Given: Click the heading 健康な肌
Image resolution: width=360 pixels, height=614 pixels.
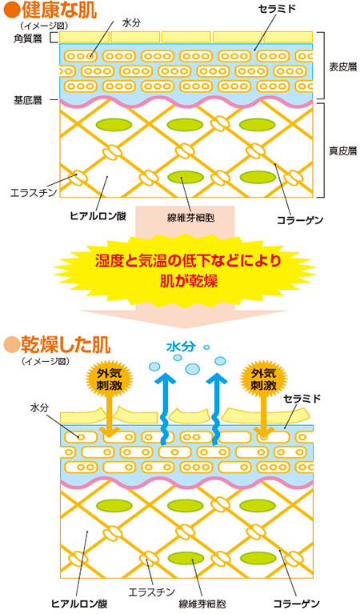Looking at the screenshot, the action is (x=59, y=10).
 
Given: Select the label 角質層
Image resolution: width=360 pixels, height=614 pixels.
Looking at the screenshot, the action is (x=27, y=38).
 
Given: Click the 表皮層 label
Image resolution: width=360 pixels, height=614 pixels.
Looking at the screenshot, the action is (x=342, y=67).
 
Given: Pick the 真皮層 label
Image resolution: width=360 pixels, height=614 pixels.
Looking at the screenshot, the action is (x=342, y=150).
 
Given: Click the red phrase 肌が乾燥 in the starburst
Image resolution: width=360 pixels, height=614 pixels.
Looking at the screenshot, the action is (x=189, y=281).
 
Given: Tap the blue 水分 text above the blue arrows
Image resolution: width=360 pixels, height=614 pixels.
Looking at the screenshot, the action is (x=181, y=346).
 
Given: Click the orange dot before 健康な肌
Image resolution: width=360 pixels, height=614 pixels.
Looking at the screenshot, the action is (x=11, y=10).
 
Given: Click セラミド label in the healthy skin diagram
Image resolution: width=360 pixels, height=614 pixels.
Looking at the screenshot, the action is (x=277, y=9).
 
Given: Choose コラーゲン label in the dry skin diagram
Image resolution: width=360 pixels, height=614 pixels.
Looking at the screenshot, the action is (x=296, y=604).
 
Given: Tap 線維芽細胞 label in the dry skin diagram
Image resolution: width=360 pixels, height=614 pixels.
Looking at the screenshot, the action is (x=202, y=604).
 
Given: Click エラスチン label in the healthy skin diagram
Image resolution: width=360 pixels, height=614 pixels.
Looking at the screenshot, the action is (x=34, y=193).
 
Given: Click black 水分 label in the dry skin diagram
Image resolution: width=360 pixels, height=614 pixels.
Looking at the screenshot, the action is (x=39, y=407).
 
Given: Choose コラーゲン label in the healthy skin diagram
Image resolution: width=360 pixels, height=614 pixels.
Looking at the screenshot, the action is (x=300, y=221).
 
